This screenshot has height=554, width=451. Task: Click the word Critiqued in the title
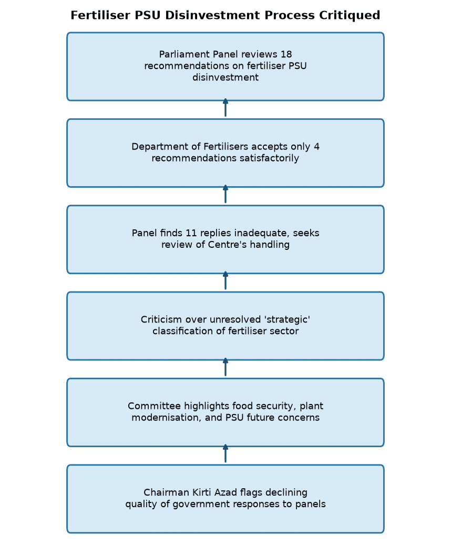pyautogui.click(x=350, y=16)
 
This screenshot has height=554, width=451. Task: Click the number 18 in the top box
pyautogui.click(x=286, y=54)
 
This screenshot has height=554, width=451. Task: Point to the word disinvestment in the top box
pyautogui.click(x=225, y=77)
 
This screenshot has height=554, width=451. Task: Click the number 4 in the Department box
pyautogui.click(x=316, y=147)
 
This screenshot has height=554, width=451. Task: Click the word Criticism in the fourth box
pyautogui.click(x=161, y=320)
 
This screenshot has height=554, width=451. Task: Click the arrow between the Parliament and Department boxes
pyautogui.click(x=225, y=107)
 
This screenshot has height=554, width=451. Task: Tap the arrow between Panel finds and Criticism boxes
pyautogui.click(x=225, y=280)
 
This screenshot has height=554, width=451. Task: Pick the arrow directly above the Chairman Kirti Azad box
pyautogui.click(x=225, y=454)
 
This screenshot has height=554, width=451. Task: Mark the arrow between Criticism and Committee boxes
pyautogui.click(x=225, y=367)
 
